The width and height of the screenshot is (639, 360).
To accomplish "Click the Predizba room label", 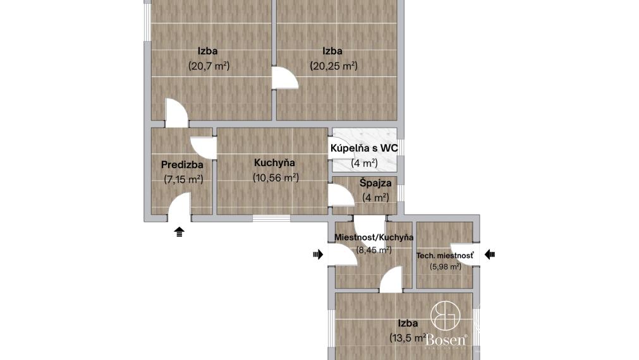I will [x=182, y=165].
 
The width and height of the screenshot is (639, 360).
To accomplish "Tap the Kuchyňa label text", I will [x=275, y=163].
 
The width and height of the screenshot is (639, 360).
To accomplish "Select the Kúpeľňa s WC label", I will [x=363, y=148].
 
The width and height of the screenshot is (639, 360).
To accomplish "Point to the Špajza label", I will [x=375, y=183].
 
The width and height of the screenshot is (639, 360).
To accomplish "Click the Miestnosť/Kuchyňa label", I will [x=374, y=237].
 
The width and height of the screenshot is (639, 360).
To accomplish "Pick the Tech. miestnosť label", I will [x=445, y=256].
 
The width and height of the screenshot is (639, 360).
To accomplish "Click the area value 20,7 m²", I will [x=209, y=66].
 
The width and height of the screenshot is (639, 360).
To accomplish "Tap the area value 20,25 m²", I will [x=333, y=66].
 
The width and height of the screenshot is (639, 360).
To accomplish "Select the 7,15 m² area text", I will [x=183, y=179].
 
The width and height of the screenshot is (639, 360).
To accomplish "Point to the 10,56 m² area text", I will [x=276, y=178].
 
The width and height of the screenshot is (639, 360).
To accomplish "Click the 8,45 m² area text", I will [x=374, y=250].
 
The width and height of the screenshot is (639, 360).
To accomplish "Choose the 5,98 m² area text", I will [x=445, y=267].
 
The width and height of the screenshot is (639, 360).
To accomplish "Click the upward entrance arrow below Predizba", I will [x=180, y=232].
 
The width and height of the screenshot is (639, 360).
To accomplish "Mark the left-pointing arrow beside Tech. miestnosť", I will [x=490, y=255].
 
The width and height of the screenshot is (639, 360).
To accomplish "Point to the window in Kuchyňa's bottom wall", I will [x=271, y=219].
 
